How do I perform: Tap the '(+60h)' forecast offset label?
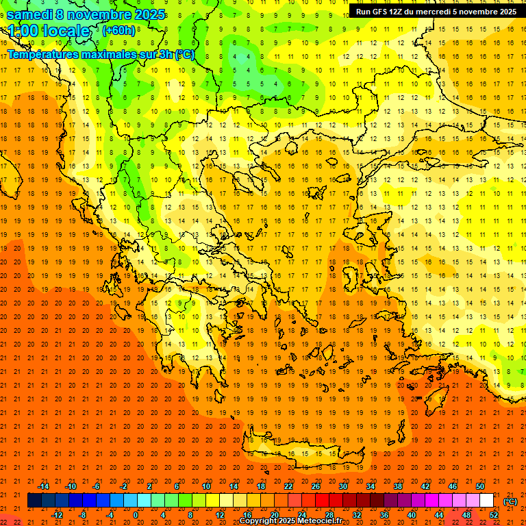(119, 30)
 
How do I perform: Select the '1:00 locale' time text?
(49, 31)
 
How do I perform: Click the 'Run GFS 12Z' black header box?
(436, 12)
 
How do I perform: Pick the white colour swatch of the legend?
(486, 501)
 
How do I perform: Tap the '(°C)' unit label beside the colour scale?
(510, 501)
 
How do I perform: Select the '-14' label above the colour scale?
(44, 486)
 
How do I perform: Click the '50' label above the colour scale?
(479, 486)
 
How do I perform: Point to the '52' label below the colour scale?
(494, 515)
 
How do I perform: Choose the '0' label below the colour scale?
(136, 515)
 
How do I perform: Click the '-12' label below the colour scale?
(57, 515)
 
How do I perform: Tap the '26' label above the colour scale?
(316, 486)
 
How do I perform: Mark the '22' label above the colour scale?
(288, 486)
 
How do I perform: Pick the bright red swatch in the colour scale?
(322, 501)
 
